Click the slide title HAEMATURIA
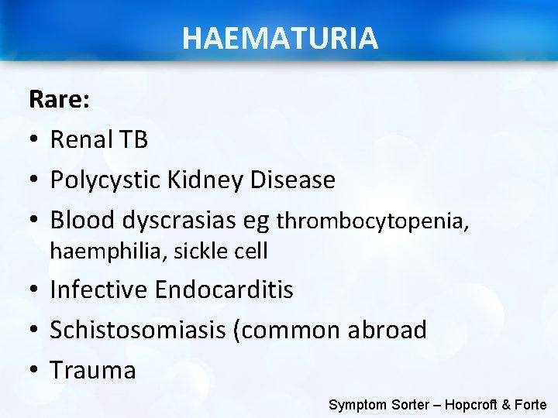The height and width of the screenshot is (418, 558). pyautogui.click(x=280, y=37)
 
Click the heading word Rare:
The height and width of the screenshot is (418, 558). pyautogui.click(x=60, y=99)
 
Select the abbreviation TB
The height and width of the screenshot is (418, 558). pyautogui.click(x=133, y=139)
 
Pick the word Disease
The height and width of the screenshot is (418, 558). pyautogui.click(x=292, y=180)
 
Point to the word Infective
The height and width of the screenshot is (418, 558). pyautogui.click(x=98, y=290)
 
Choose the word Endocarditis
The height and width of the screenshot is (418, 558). pyautogui.click(x=224, y=290)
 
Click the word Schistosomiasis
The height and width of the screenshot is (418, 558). pyautogui.click(x=137, y=331)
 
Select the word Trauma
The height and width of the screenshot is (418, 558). pyautogui.click(x=93, y=371)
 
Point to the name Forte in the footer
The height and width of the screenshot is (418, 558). pyautogui.click(x=529, y=404)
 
